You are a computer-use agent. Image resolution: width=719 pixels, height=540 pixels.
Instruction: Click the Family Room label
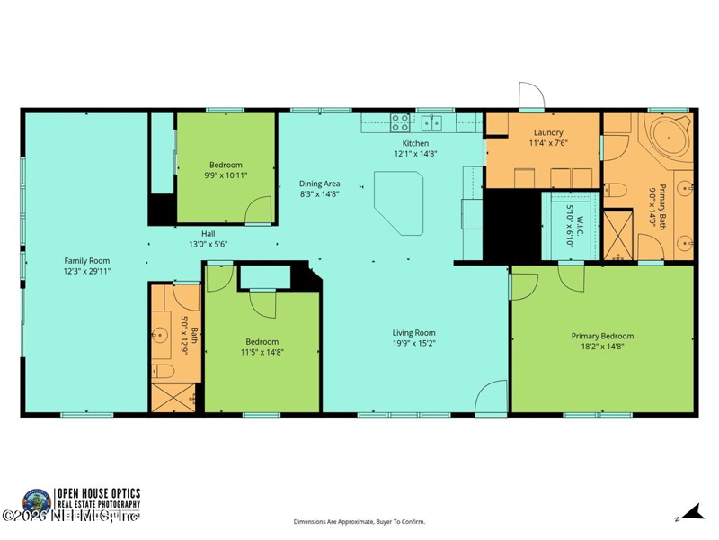pos(87,260)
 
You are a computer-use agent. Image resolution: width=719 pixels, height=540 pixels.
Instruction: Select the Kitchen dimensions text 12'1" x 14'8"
pos(415,154)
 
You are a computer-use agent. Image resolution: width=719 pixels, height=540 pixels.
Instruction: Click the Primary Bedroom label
pos(602,337)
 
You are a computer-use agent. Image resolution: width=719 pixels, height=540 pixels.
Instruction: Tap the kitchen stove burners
pos(400,122)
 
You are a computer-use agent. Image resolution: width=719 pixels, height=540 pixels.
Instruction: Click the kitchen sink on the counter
pos(436,122)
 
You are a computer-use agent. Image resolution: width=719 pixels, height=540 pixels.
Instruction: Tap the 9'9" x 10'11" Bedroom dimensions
pos(226,175)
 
